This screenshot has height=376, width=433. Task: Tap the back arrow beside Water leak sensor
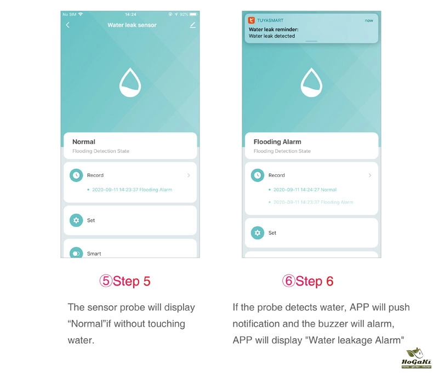(x=67, y=25)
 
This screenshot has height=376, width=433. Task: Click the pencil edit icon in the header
(x=193, y=25)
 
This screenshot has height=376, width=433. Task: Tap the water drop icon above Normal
(x=130, y=82)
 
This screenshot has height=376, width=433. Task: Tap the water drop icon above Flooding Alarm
(x=311, y=82)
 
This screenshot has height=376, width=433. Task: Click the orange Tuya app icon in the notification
(x=251, y=20)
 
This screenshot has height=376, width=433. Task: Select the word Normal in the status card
(x=84, y=141)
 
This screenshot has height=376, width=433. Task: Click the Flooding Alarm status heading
(x=277, y=141)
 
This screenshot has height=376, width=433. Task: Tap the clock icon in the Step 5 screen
(x=76, y=175)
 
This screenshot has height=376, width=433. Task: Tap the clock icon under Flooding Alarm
(x=258, y=175)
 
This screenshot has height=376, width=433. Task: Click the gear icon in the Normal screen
(x=76, y=220)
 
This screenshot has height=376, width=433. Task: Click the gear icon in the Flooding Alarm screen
(x=258, y=233)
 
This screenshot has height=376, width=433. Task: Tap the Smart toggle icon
(x=76, y=253)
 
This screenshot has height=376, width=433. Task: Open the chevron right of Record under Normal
(x=189, y=175)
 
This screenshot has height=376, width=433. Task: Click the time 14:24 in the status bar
(x=130, y=14)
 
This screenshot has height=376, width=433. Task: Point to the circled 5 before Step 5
(x=106, y=281)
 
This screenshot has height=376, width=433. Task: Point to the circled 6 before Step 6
(x=288, y=281)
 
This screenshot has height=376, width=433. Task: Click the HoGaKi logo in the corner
(x=416, y=358)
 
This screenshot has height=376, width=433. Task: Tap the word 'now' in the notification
(x=369, y=20)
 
